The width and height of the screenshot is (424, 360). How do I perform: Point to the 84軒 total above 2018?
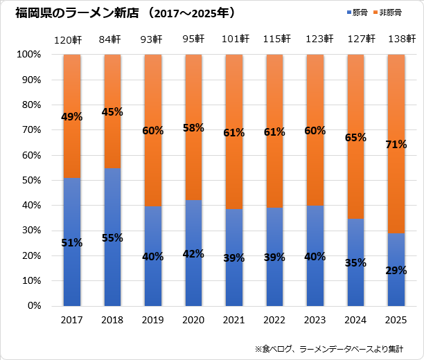(x=112, y=39)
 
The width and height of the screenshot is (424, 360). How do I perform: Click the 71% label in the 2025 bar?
(x=396, y=144)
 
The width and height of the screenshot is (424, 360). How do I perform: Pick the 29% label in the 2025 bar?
(x=396, y=269)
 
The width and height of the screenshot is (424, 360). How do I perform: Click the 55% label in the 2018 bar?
(x=112, y=237)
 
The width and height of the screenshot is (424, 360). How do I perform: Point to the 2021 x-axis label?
(x=234, y=321)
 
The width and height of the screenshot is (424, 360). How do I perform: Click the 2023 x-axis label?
(x=315, y=321)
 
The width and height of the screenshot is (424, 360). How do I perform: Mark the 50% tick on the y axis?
(x=31, y=180)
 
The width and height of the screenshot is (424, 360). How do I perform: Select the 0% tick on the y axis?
(x=34, y=305)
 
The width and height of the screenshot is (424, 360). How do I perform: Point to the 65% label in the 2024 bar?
(x=355, y=138)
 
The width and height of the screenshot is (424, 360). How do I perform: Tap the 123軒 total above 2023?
(x=315, y=39)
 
